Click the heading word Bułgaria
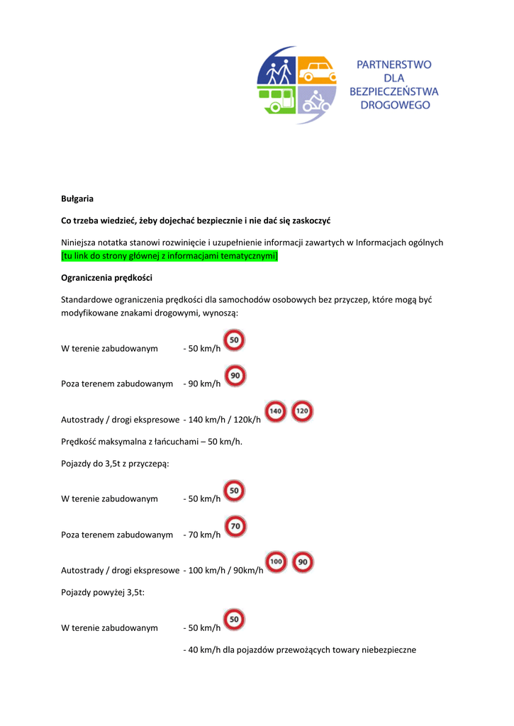coord(77,199)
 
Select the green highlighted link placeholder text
coord(169,255)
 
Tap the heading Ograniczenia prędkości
coord(106,277)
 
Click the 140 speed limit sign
coord(276,411)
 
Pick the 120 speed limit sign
coord(302,411)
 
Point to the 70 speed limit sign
coord(235,526)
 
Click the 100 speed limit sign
coord(276,562)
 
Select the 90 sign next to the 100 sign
coord(303,562)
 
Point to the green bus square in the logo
coord(277,101)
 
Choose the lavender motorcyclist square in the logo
coord(316,101)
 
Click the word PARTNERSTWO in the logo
coord(393,65)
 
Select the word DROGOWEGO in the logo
coord(393,105)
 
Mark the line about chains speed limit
coord(152,441)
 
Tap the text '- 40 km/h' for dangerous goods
coord(201,649)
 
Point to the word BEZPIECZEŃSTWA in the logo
coord(393,91)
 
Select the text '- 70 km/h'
coord(201,535)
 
